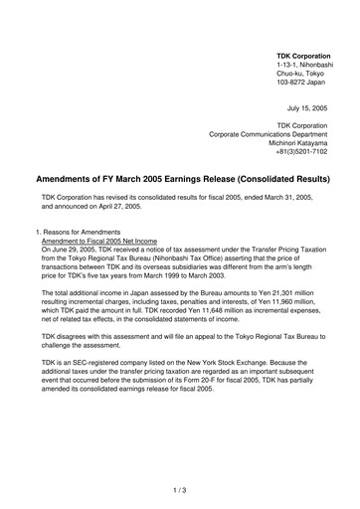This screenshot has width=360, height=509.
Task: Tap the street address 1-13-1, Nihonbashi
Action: [310, 64]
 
